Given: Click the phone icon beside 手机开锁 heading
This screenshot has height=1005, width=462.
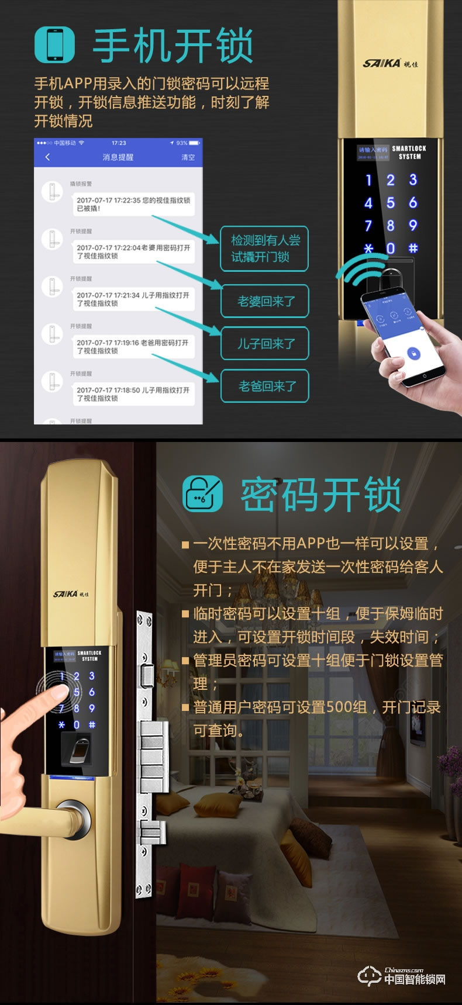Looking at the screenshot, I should point(55,44).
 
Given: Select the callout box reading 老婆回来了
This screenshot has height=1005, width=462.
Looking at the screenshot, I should point(265,301).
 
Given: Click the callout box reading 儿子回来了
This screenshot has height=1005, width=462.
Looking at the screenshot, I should point(265,343).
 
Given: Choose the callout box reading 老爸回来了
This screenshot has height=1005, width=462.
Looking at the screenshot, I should point(265,386).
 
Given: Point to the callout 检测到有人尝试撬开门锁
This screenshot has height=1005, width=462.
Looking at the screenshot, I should point(264,248).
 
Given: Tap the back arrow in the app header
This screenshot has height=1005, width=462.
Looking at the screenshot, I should point(47,157).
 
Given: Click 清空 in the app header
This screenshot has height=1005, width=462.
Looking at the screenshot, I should point(188,157).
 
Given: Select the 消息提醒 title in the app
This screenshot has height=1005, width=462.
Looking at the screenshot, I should point(118,157).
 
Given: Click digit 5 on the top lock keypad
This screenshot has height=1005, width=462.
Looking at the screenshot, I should point(390,203).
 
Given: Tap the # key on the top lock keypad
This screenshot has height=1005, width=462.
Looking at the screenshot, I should point(413,248).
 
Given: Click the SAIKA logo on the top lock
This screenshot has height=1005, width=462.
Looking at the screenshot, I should point(389,63).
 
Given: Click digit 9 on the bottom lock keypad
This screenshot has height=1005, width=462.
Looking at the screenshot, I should point(92,708).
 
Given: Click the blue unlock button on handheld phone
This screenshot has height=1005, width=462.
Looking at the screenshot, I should point(413,354).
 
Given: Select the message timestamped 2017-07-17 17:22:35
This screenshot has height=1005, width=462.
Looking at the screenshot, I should point(133,204).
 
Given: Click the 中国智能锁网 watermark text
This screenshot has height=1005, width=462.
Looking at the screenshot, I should point(414,979).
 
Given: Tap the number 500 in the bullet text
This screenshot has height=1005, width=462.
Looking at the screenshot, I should point(338,707).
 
